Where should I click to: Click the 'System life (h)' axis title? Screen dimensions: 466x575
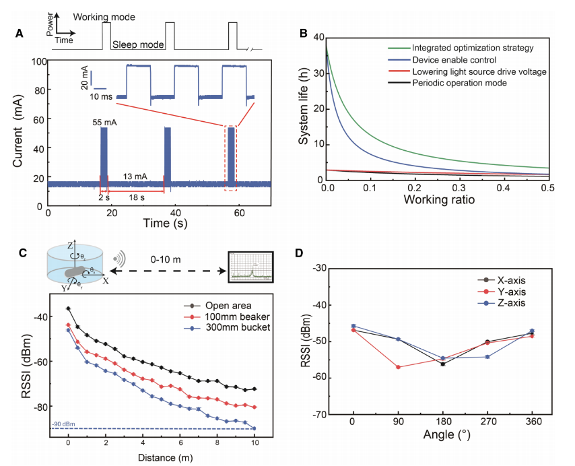[305, 107]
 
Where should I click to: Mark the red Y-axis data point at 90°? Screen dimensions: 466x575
[398, 367]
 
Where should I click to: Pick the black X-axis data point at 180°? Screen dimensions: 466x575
[442, 364]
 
